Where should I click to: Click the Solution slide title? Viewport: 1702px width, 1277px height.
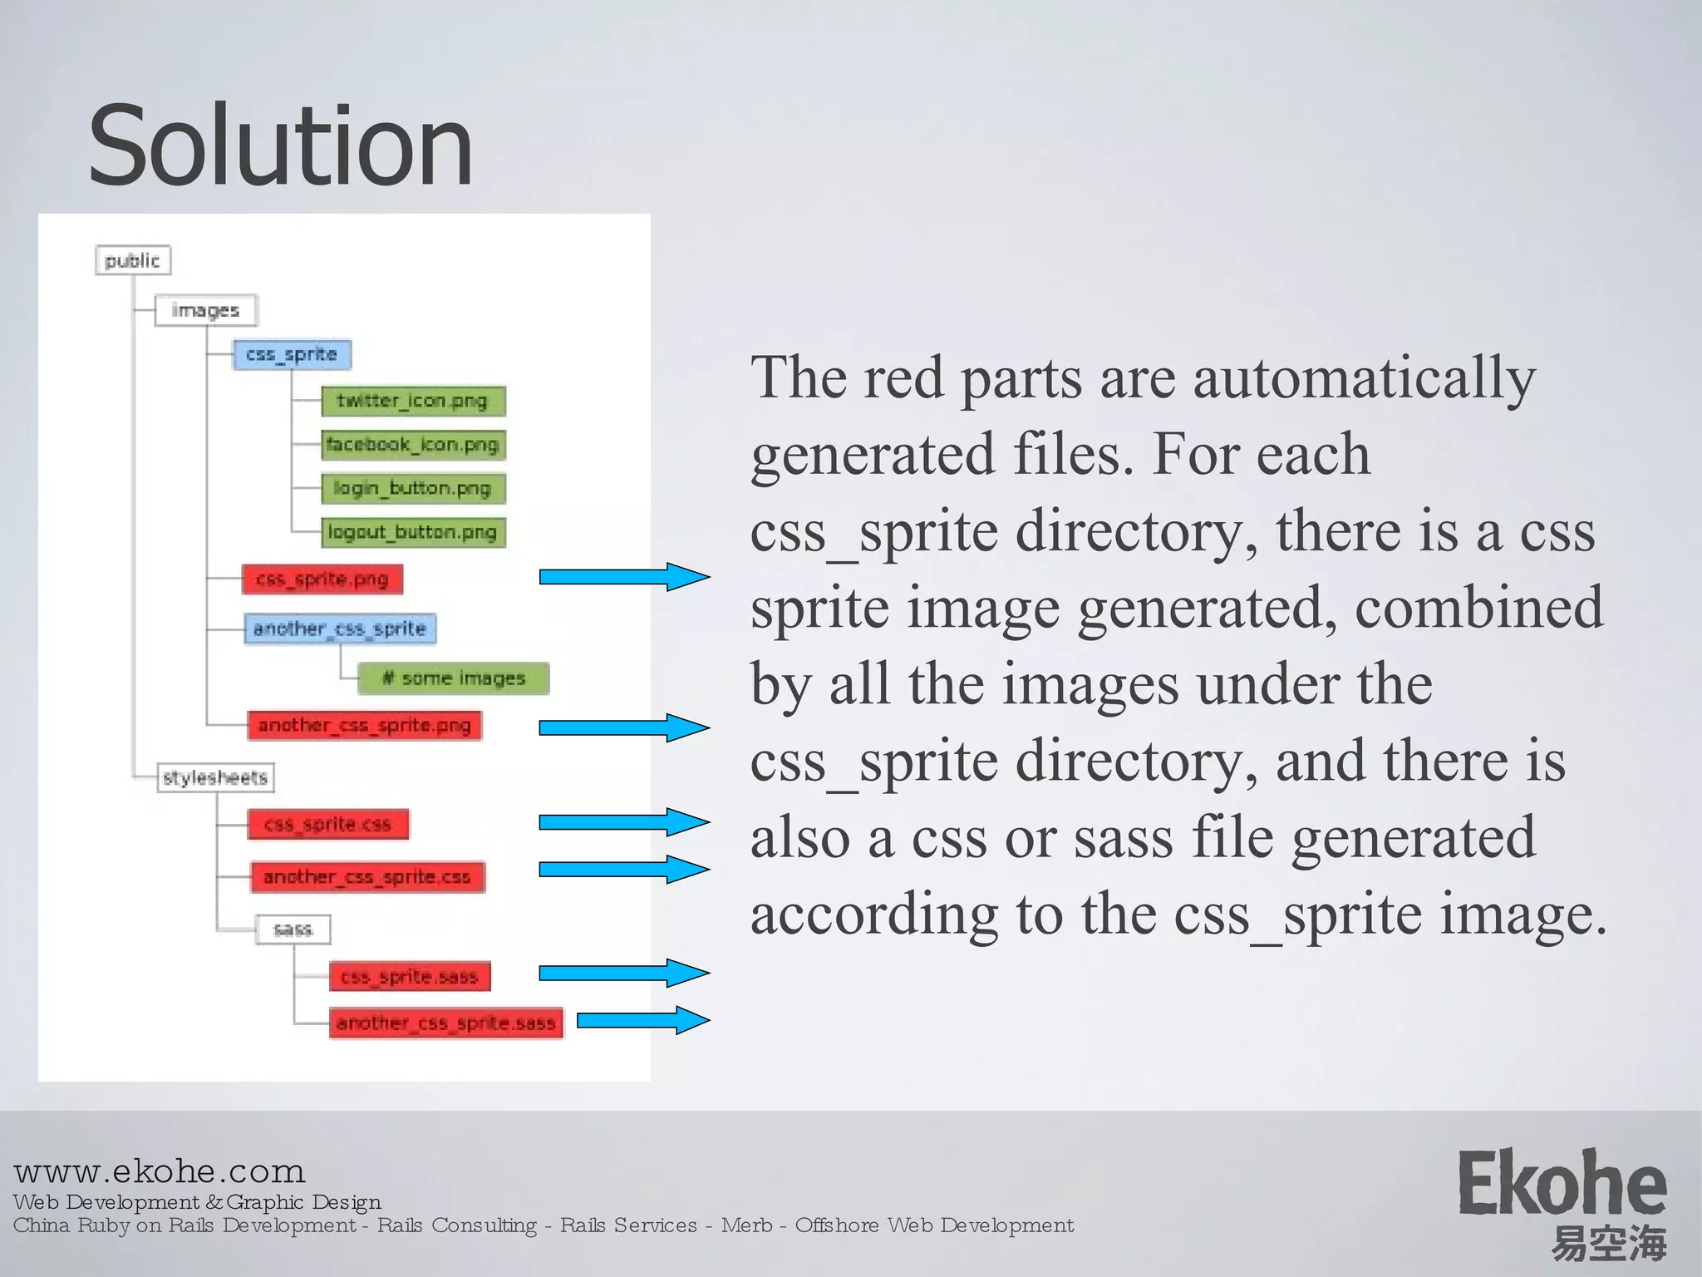pos(281,146)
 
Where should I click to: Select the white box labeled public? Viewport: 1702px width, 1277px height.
pos(133,260)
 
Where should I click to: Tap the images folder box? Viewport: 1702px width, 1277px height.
pos(206,310)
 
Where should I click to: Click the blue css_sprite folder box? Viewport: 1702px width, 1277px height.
pos(292,355)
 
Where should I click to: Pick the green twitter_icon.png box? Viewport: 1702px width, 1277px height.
pos(413,401)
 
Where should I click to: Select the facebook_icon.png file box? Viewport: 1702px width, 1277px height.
pos(413,445)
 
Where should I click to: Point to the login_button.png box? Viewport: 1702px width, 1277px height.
pos(413,488)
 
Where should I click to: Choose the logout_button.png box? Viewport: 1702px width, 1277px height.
pos(413,532)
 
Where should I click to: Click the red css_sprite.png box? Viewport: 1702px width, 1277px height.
pos(322,579)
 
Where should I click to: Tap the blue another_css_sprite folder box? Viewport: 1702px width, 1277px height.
pos(340,629)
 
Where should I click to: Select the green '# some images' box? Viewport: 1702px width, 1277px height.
pos(454,678)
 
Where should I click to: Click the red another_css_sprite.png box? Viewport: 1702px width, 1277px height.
pos(365,725)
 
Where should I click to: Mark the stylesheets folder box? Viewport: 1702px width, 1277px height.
pos(215,777)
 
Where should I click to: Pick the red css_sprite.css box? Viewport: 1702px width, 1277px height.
pos(328,824)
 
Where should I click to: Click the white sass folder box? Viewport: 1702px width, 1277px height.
pos(293,929)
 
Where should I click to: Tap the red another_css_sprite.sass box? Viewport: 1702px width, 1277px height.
pos(446,1023)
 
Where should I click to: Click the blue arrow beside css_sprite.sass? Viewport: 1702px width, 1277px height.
pos(624,973)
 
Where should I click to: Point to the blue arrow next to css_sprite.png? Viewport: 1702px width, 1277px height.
pos(624,577)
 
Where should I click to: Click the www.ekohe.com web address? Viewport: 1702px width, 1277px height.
pos(160,1171)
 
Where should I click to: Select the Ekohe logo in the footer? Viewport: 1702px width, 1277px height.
pos(1562,1201)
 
